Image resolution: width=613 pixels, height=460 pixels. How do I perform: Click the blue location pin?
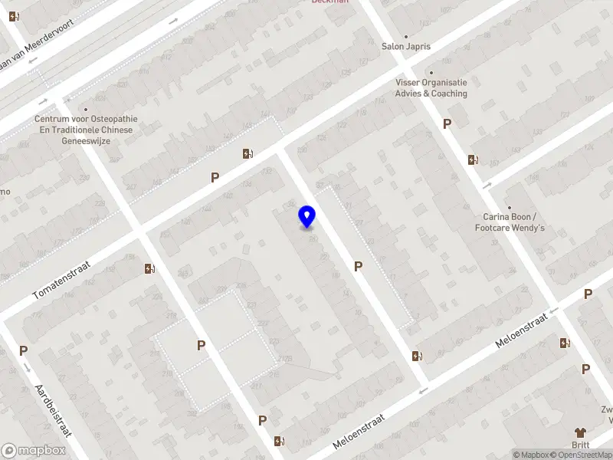tap(307, 216)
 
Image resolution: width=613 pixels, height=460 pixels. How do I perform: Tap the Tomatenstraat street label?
tap(62, 279)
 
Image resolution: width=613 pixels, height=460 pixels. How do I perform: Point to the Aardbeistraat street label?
tap(53, 409)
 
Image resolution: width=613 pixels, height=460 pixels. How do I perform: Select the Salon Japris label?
tap(406, 46)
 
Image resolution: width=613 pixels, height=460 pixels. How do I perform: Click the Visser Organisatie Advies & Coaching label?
tap(431, 87)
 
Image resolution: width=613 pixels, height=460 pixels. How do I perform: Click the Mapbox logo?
tap(33, 451)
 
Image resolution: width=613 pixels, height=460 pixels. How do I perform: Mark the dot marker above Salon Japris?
tap(406, 36)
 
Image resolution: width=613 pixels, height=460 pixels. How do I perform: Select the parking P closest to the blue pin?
tap(358, 266)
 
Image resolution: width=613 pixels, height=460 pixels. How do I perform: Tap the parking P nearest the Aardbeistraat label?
tap(23, 350)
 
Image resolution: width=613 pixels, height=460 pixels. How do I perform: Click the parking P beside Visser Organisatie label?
tap(447, 123)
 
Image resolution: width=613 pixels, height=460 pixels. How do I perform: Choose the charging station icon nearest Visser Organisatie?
tap(473, 159)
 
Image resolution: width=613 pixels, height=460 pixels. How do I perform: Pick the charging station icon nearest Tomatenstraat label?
tap(148, 268)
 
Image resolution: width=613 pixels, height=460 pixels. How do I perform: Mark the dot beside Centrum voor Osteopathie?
tap(85, 109)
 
